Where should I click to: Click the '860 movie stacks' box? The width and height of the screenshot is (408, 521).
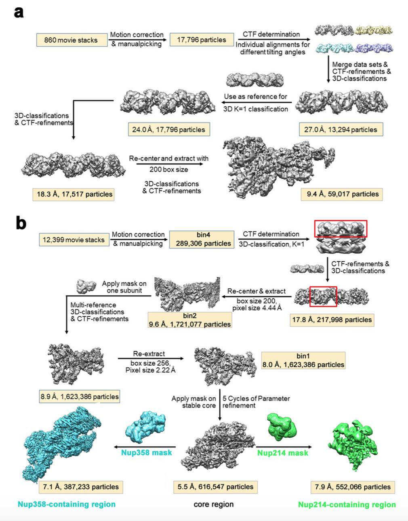pos(71,40)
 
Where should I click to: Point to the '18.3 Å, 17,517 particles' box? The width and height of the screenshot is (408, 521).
pos(73,194)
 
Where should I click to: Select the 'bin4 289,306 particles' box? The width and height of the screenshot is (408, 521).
pos(202,239)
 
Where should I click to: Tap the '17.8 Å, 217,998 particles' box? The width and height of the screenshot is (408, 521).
pos(332,319)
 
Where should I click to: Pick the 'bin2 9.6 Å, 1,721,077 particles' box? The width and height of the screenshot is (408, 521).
pos(189,320)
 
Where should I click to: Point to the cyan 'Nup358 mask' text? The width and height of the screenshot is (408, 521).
pos(147,452)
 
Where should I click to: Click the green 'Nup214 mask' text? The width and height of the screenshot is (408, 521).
pos(282,453)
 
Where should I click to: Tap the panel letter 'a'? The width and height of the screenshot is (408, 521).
pos(19,12)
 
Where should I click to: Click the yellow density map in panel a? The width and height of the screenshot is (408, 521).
pos(374,30)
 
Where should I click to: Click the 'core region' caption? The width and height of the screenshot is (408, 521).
pos(213,504)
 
